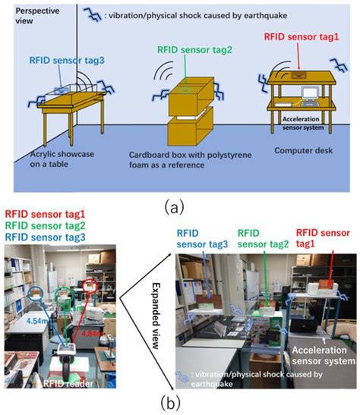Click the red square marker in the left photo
tap(91, 288)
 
